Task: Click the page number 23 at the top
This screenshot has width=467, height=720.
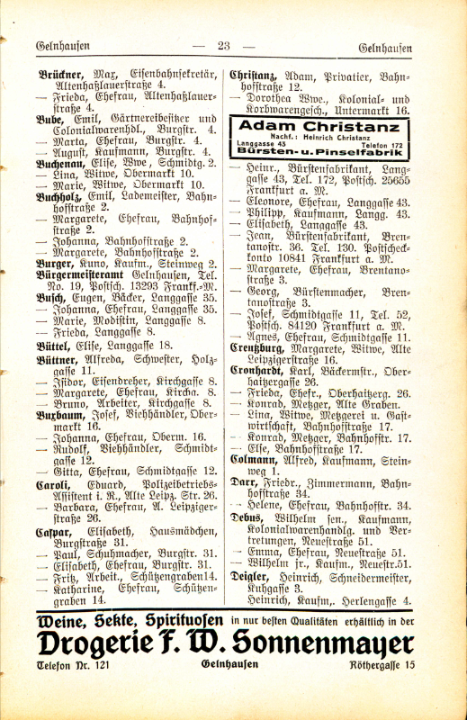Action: coord(225,46)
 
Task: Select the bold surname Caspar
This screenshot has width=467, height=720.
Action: coord(54,531)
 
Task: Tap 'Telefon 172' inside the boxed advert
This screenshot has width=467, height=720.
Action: coord(381,144)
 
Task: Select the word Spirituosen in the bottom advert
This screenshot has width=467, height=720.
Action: coord(173,621)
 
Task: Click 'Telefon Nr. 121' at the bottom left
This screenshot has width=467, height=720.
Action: coord(73,667)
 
